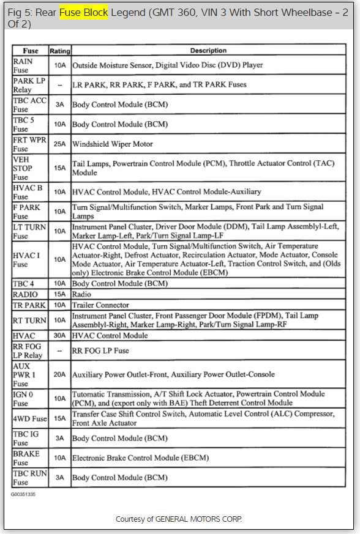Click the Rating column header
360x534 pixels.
coord(59,51)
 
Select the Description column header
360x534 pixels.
coord(208,51)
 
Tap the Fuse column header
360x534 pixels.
coord(30,51)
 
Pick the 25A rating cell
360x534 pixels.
coord(59,144)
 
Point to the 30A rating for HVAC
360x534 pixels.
coord(59,336)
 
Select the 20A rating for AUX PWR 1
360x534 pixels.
coord(59,374)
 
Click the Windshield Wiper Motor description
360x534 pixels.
coord(113,144)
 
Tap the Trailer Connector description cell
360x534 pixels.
coord(100,305)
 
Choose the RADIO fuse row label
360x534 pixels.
coord(26,294)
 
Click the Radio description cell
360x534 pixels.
coord(81,294)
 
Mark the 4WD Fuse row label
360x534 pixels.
coord(29,419)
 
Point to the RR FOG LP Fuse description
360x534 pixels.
coord(100,350)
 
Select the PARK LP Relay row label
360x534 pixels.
coord(29,84)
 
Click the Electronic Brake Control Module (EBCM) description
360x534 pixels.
coord(140,458)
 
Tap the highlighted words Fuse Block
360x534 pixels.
coord(83,12)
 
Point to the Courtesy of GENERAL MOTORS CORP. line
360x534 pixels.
coord(179,519)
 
